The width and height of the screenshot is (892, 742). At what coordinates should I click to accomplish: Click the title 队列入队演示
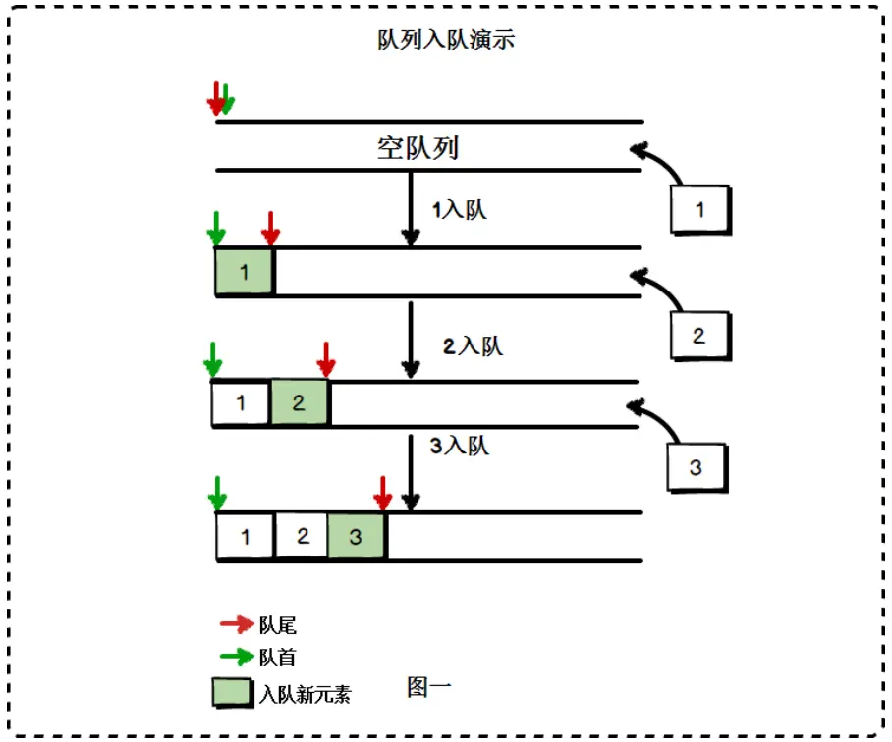point(446,40)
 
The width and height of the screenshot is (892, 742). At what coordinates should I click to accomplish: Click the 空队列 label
point(418,148)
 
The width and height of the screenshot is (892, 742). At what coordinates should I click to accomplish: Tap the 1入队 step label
point(459,209)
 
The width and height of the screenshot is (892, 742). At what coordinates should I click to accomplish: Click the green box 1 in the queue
point(245,272)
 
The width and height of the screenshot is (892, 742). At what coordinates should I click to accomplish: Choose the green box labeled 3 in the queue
point(357,537)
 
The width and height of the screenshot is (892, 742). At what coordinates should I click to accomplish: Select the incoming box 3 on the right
point(696,466)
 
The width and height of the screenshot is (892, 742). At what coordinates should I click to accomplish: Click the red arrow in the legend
point(236,624)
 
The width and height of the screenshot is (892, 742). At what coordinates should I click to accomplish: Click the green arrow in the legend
point(236,657)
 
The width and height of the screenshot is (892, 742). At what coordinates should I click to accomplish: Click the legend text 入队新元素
point(305,694)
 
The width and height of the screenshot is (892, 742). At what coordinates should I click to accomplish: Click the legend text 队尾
point(278,625)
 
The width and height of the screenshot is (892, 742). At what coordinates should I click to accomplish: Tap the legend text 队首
point(278,658)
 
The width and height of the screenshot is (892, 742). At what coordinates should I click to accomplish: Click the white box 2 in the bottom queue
point(303,537)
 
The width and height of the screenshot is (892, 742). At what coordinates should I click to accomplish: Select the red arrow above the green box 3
point(383,494)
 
